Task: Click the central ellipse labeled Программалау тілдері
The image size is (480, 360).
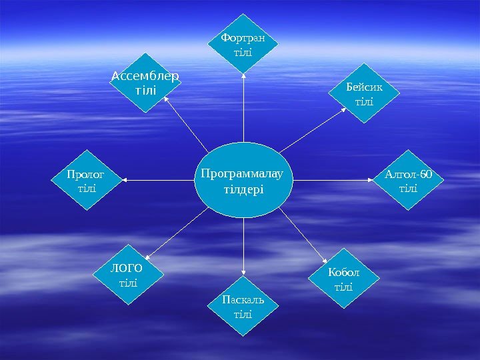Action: pos(243,181)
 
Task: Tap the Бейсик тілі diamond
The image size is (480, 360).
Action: pos(364,94)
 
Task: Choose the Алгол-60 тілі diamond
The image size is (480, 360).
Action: pos(408,181)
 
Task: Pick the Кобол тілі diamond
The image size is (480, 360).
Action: pos(344,279)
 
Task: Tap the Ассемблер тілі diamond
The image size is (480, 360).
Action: pos(145,83)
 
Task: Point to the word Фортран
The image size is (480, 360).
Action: pos(243,37)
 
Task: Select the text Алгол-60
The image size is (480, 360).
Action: pos(408,175)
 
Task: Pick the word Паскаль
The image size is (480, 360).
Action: pos(243,299)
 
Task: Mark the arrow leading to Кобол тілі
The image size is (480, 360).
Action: pos(303,236)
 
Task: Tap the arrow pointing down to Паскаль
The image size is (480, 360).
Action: pos(243,247)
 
